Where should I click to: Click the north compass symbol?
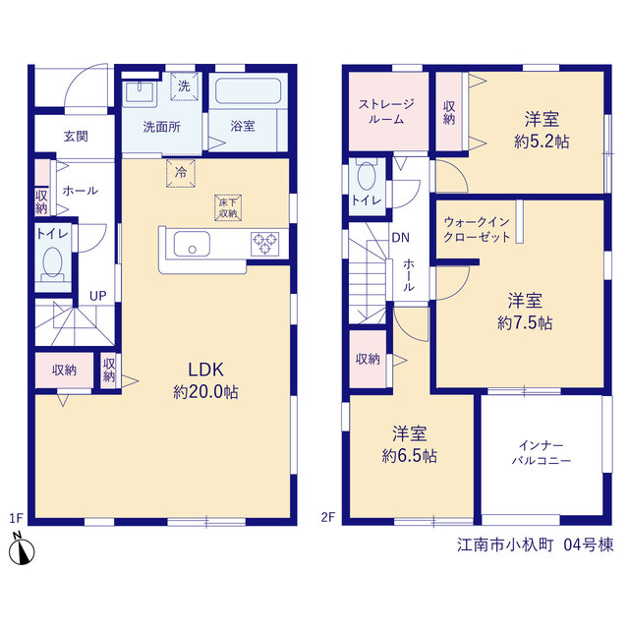tap(22, 548)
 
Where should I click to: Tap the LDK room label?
tap(205, 370)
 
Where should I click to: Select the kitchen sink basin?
tap(192, 244)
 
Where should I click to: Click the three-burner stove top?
tap(264, 244)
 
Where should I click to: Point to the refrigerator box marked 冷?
tap(181, 173)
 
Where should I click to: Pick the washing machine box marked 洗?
tap(184, 86)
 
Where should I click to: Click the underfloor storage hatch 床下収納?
tap(228, 207)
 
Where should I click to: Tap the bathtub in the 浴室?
tap(249, 91)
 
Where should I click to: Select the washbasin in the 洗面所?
tap(140, 92)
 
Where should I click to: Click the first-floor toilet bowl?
tap(52, 265)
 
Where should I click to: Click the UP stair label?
tap(98, 296)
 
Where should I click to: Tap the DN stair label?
tap(400, 238)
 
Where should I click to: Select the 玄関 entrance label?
tap(76, 137)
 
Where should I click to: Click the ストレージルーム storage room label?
tap(386, 111)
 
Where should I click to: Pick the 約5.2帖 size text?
tap(542, 142)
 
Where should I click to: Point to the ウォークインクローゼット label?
tap(477, 229)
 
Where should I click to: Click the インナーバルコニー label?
tap(542, 452)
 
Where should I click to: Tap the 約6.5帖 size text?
tap(409, 456)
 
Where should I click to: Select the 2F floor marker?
tap(327, 517)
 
